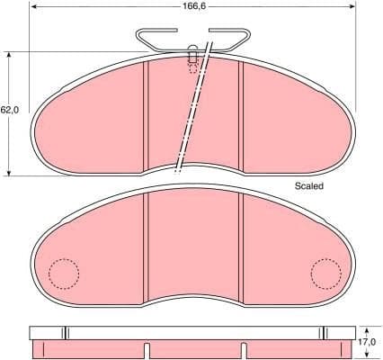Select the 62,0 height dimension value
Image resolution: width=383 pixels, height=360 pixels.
coord(9,110)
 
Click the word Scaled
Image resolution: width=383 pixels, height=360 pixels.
coord(308,185)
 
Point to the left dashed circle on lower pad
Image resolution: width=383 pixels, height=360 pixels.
coord(63,273)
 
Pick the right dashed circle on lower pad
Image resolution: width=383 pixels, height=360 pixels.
coord(325,273)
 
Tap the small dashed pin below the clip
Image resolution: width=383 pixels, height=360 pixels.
coord(191,58)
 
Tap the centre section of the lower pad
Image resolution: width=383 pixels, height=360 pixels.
coord(193,247)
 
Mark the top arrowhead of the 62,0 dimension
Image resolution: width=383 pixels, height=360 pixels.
coord(9,55)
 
